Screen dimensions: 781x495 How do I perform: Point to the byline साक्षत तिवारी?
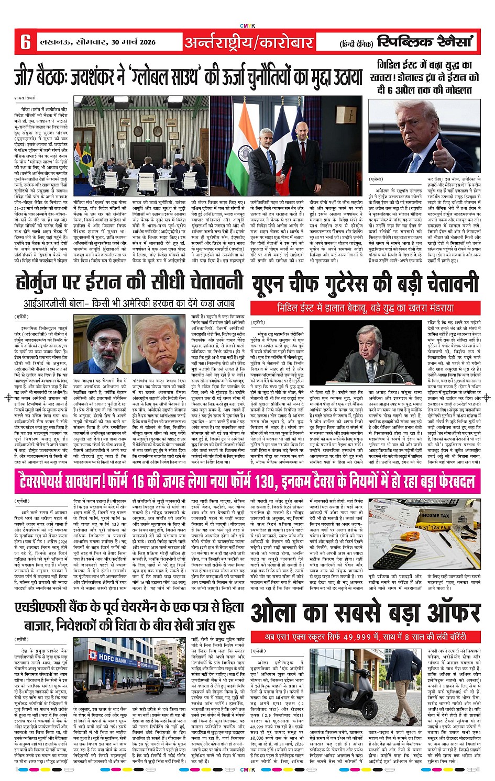[x=27, y=97]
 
